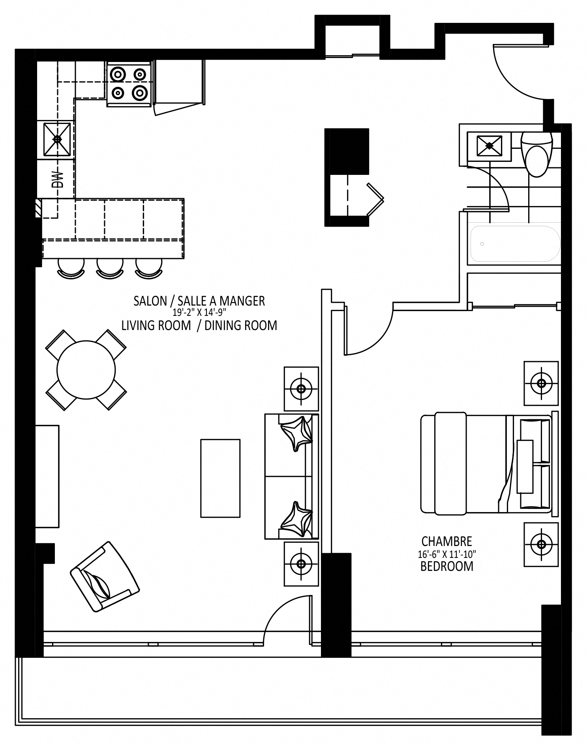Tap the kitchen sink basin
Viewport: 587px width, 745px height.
57,139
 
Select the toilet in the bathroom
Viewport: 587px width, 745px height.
536,154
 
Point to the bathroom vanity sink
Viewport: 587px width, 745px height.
489,146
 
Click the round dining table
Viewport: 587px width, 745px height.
86,370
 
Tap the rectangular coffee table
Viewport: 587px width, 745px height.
220,478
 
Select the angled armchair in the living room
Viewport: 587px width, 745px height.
105,576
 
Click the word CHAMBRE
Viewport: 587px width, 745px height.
446,541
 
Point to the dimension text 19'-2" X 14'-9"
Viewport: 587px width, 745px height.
199,313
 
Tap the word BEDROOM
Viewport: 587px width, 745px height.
447,566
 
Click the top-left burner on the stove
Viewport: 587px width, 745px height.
118,74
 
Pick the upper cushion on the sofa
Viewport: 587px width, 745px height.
295,433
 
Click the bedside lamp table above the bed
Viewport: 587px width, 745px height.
541,383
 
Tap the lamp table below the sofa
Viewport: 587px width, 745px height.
301,564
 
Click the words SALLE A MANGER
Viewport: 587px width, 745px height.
221,301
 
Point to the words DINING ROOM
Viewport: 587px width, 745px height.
241,325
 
